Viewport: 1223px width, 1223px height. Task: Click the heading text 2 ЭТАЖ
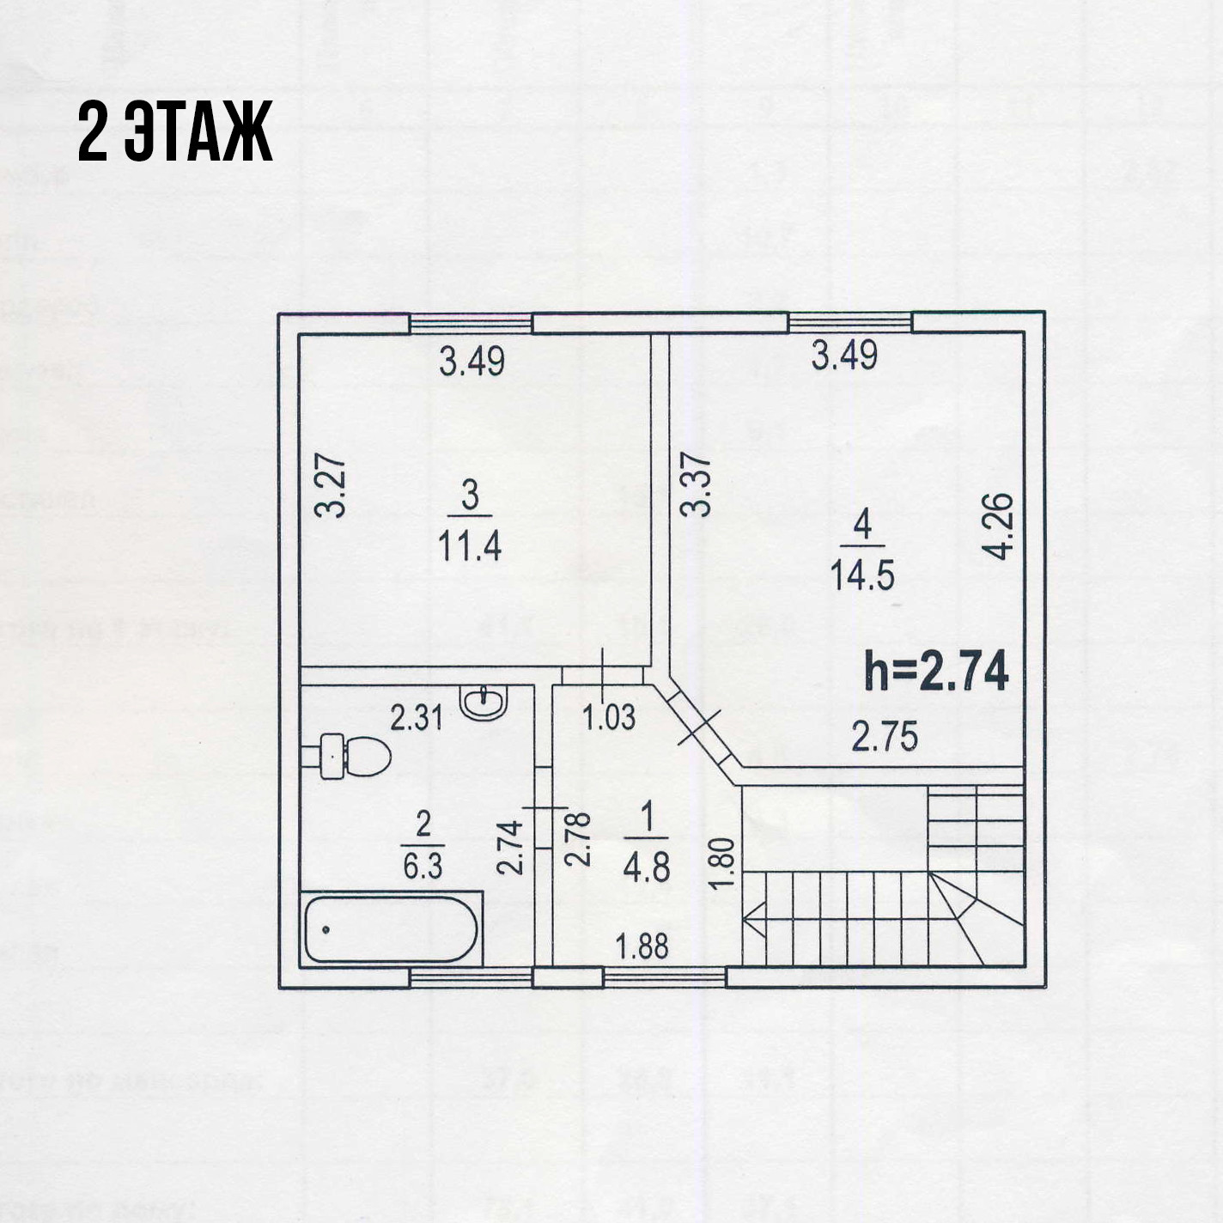pyautogui.click(x=175, y=131)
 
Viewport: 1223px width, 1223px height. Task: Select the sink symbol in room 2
pyautogui.click(x=484, y=702)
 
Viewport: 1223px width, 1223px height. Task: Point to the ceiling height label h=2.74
pyautogui.click(x=935, y=672)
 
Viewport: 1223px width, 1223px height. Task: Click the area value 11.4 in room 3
pyautogui.click(x=470, y=545)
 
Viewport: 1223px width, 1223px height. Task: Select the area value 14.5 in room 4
pyautogui.click(x=862, y=575)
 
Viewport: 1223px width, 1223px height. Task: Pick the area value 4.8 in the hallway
pyautogui.click(x=647, y=867)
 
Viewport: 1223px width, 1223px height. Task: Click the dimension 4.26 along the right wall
pyautogui.click(x=1001, y=526)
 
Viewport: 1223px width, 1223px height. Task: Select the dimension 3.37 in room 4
pyautogui.click(x=696, y=484)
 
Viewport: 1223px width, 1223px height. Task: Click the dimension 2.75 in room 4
pyautogui.click(x=885, y=737)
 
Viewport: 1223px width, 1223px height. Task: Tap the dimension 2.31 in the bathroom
pyautogui.click(x=417, y=717)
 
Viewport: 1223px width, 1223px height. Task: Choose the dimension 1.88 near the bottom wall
pyautogui.click(x=642, y=946)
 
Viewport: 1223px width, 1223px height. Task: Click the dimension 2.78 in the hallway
pyautogui.click(x=580, y=837)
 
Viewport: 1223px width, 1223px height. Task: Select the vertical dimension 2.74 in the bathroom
pyautogui.click(x=510, y=848)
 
